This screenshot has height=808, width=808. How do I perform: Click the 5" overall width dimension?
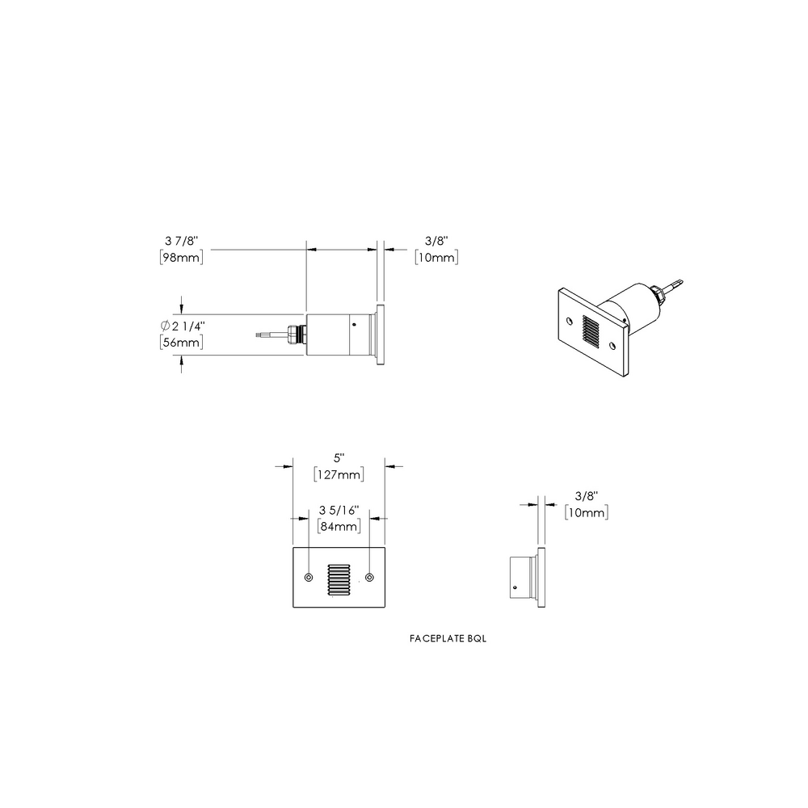click(337, 457)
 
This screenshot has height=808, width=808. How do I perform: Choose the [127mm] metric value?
click(337, 474)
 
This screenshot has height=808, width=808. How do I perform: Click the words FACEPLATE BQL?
click(448, 638)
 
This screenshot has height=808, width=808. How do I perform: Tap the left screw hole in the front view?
click(309, 577)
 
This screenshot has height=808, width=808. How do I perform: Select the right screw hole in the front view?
click(369, 577)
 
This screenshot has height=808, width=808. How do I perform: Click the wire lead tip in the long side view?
click(259, 332)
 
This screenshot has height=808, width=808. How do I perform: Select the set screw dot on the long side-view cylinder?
click(353, 323)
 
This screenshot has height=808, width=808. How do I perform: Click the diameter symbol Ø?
click(165, 326)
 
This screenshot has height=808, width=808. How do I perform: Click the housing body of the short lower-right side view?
click(520, 577)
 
